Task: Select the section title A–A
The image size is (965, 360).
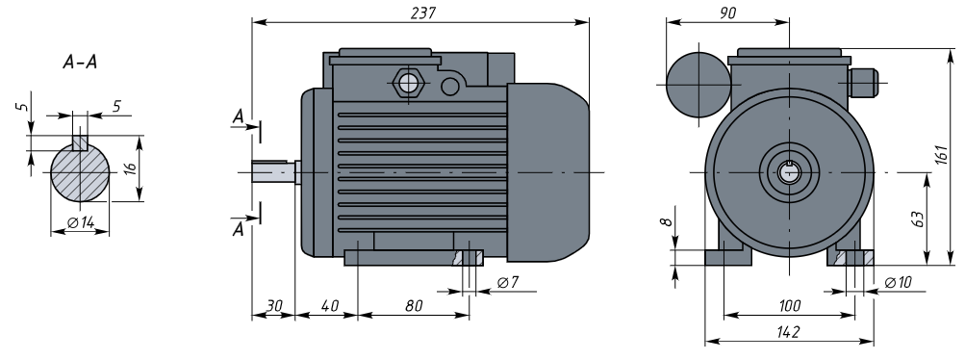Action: pos(80,63)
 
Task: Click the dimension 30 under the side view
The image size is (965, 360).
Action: pos(274,306)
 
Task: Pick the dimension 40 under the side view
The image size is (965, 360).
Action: pos(330,306)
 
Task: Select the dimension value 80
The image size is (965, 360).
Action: pos(414,306)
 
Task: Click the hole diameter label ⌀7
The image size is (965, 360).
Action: pos(508,282)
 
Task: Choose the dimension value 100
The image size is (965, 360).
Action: pos(790,306)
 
